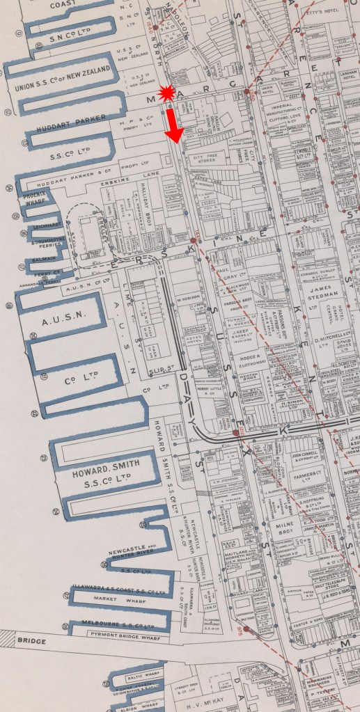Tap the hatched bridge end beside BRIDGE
click(x=8, y=635)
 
